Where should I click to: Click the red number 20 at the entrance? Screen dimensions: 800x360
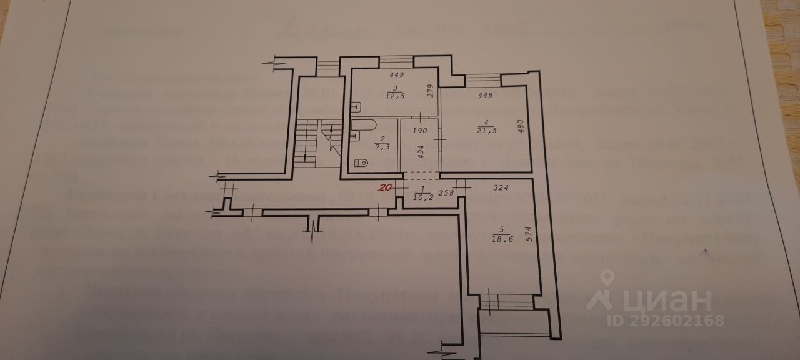coord(386,187)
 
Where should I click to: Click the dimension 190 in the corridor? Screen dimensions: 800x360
coord(419,131)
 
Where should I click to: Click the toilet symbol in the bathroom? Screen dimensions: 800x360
coord(361,163)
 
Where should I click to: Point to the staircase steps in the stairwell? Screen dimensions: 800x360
coord(304,141)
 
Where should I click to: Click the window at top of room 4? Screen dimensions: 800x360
coord(482,79)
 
